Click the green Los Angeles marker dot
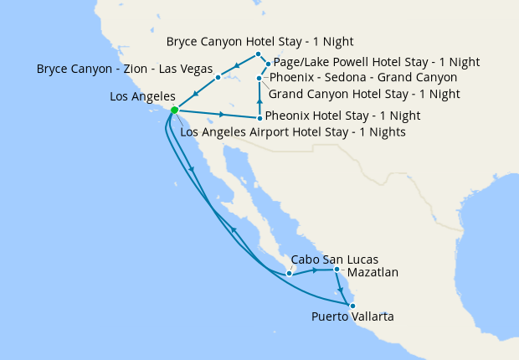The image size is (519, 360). (x=174, y=110)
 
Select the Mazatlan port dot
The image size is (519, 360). (x=337, y=270)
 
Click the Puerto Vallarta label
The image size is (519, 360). (x=352, y=316)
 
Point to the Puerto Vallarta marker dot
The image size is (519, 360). (x=352, y=305)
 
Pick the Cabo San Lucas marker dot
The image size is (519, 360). (x=289, y=273)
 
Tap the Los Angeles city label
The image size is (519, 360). (x=141, y=97)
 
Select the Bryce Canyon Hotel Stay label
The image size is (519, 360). (x=259, y=41)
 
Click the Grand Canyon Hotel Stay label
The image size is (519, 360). (x=364, y=93)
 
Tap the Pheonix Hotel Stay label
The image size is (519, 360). (x=342, y=116)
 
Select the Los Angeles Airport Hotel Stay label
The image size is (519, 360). (x=293, y=131)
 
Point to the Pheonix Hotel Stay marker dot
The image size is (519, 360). (x=259, y=118)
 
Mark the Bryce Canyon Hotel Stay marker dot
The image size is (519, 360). (x=259, y=54)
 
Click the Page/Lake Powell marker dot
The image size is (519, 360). (x=268, y=64)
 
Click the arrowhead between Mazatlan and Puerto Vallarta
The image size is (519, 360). (x=342, y=289)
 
